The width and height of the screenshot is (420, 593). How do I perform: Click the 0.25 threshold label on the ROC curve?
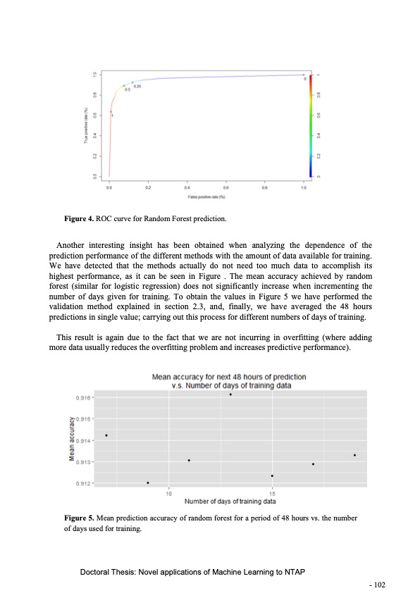pos(137,86)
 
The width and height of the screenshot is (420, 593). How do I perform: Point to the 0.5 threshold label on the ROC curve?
pos(128,90)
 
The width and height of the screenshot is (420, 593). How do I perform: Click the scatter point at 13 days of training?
pos(230,394)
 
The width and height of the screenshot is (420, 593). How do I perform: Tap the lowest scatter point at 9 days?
pos(148,482)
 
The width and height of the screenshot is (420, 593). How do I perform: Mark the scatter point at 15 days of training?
pos(272,476)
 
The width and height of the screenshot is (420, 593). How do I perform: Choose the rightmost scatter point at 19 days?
pos(354,455)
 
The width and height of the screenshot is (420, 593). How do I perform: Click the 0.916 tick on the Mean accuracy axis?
pos(83,397)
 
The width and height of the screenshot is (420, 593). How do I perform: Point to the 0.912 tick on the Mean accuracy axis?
pos(83,483)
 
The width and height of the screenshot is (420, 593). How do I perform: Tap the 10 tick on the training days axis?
pos(168,493)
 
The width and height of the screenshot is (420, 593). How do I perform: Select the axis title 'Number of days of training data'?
pos(230,501)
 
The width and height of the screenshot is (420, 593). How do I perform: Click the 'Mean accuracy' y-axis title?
pos(72,439)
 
